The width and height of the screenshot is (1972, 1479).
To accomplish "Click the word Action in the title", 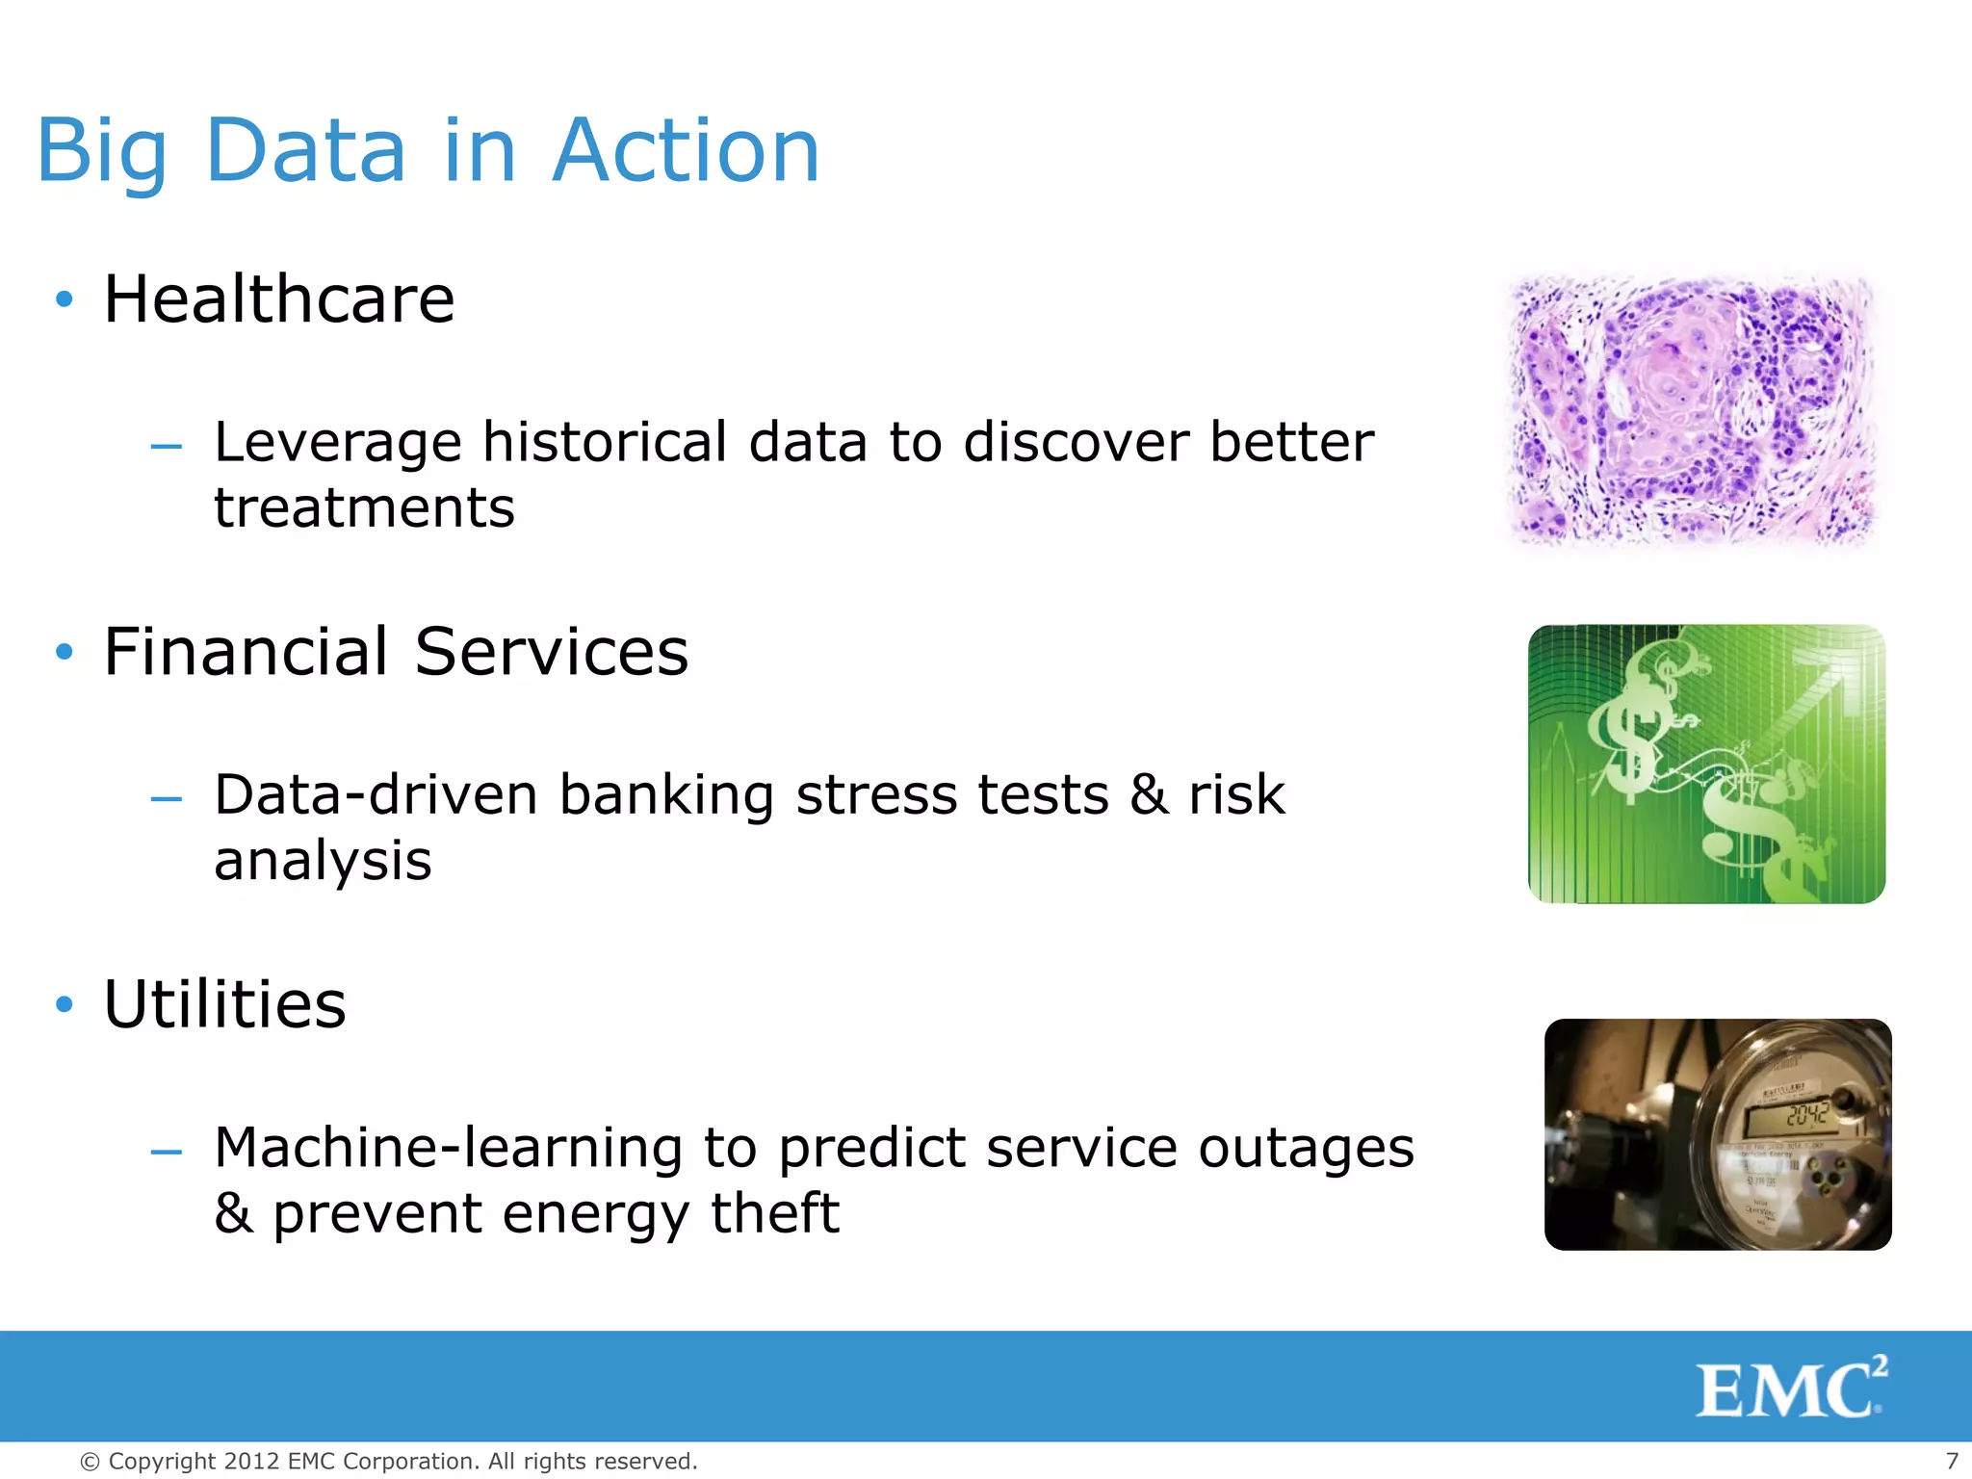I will [686, 151].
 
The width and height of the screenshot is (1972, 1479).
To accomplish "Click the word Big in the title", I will [102, 151].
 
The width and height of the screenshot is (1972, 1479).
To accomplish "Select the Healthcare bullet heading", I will [278, 299].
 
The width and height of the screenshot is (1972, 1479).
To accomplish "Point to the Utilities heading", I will [224, 1004].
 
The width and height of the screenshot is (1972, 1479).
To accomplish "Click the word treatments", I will [364, 507].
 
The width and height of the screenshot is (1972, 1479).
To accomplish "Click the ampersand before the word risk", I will [1149, 795].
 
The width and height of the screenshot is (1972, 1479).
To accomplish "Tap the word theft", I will [775, 1212].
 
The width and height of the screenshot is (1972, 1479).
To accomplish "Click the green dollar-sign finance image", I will [1706, 764].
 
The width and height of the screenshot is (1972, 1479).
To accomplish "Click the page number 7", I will [1952, 1461].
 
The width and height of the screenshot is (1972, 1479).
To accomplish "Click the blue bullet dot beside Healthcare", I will [65, 299].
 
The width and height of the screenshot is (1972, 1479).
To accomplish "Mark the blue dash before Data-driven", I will [167, 798].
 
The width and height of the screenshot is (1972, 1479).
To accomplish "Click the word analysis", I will [323, 860].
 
